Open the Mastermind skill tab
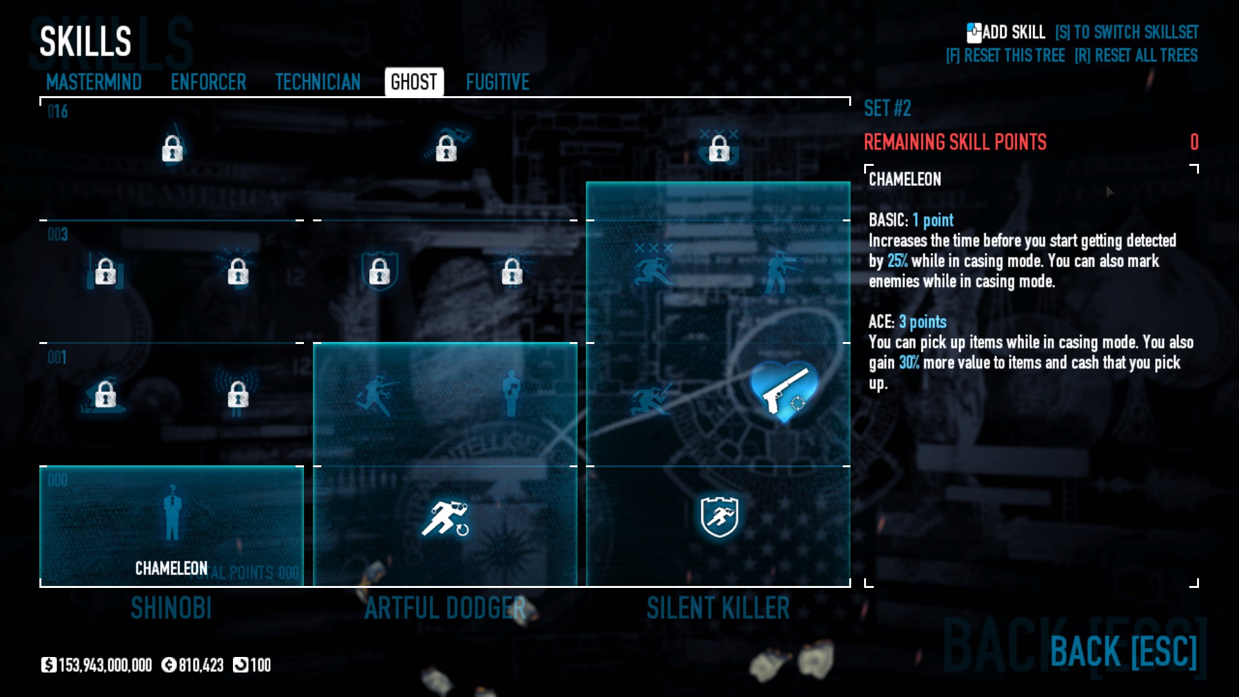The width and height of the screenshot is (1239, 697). pos(94,82)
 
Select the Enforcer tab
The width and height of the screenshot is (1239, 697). pos(208,82)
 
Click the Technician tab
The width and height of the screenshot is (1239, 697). pos(317,82)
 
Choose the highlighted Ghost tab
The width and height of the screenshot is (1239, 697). pos(414,82)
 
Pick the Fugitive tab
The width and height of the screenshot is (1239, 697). pos(498,82)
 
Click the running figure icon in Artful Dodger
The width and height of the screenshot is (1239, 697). pos(445,518)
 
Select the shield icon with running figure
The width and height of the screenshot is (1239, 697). pos(719,516)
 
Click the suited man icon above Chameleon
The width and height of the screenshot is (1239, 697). pos(172,515)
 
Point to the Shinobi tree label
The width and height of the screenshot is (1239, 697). pos(171,608)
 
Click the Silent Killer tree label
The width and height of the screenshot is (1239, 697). pos(718,608)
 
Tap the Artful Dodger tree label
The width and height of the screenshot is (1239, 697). pos(445,608)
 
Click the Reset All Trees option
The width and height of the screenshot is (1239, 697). pos(1136,56)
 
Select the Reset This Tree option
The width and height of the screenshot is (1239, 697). pos(1005,56)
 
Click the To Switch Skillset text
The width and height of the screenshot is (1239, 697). pos(1127,32)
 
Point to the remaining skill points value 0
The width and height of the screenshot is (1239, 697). pos(1194,142)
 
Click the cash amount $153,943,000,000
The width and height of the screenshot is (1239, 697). pos(97,665)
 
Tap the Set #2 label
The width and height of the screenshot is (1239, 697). pos(887,108)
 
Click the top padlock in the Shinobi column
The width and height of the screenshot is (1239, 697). pos(172,149)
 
